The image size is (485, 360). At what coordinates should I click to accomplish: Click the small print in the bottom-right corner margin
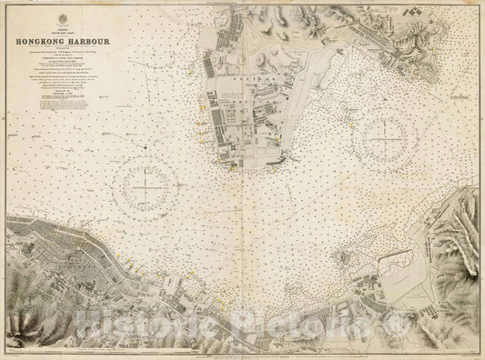460,353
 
